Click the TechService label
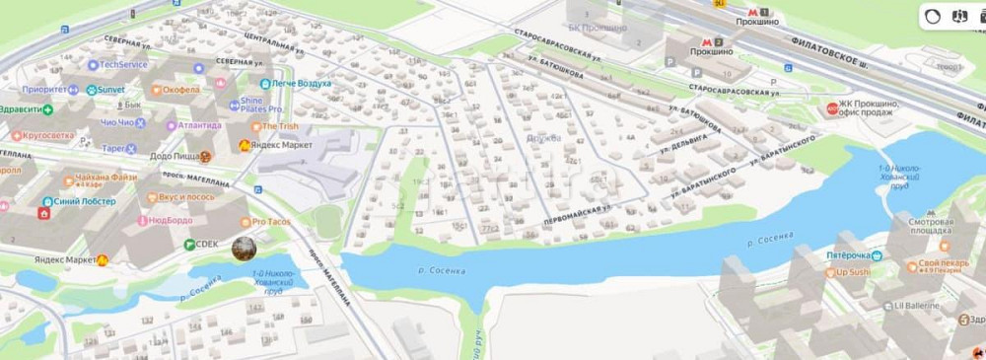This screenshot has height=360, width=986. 123,65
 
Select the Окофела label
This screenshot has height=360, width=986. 180,90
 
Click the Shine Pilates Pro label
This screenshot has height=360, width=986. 260,104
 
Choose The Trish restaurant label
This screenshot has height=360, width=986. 280,126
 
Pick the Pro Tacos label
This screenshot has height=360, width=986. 272,223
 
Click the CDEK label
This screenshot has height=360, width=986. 206,244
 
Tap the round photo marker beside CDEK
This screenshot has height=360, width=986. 244,249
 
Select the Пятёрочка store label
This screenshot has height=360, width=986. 849,255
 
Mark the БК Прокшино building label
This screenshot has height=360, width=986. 598,28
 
